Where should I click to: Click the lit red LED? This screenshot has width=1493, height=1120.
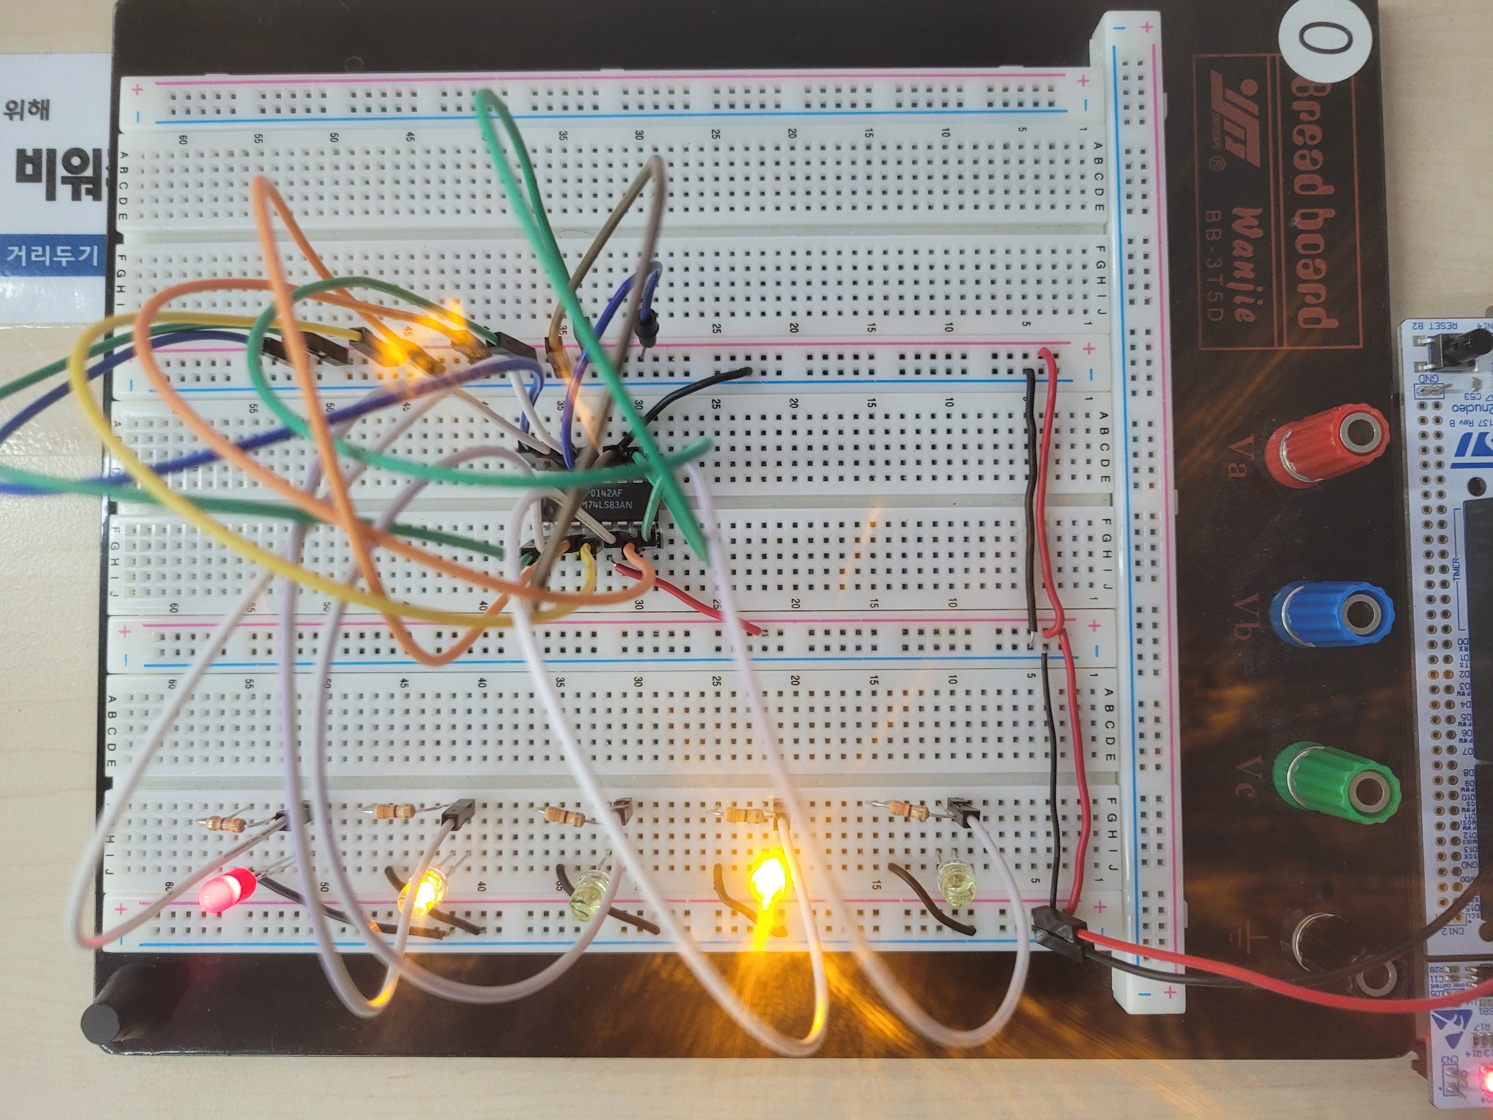[226, 890]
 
